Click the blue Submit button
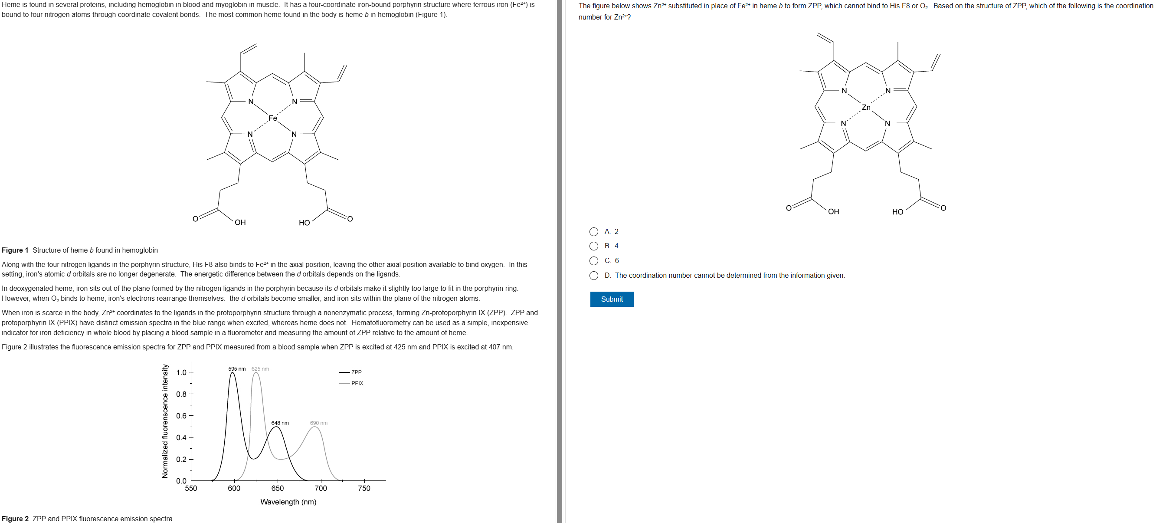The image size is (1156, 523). click(x=611, y=299)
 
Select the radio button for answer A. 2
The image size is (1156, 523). click(x=593, y=232)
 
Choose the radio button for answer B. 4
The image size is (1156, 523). click(x=593, y=246)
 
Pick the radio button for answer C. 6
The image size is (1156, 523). click(x=593, y=261)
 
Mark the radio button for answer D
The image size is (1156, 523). click(x=593, y=276)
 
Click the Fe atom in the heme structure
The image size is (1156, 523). click(x=272, y=118)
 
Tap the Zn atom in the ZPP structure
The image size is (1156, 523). click(x=866, y=107)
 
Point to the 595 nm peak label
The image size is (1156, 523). click(x=236, y=369)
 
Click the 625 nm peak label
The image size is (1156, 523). click(x=260, y=369)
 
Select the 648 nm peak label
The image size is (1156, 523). click(x=280, y=423)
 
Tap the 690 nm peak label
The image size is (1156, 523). click(x=319, y=423)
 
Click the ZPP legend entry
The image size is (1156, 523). click(x=356, y=372)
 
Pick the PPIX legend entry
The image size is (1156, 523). click(x=357, y=383)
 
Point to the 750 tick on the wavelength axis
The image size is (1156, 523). click(x=364, y=488)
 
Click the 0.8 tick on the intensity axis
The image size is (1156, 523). click(x=181, y=394)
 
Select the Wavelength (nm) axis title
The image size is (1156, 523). click(x=288, y=502)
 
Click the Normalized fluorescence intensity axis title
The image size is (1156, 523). click(x=165, y=421)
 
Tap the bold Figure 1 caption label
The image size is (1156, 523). click(x=15, y=250)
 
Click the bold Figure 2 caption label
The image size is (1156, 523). click(x=15, y=519)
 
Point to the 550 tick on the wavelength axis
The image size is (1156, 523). click(x=191, y=488)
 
